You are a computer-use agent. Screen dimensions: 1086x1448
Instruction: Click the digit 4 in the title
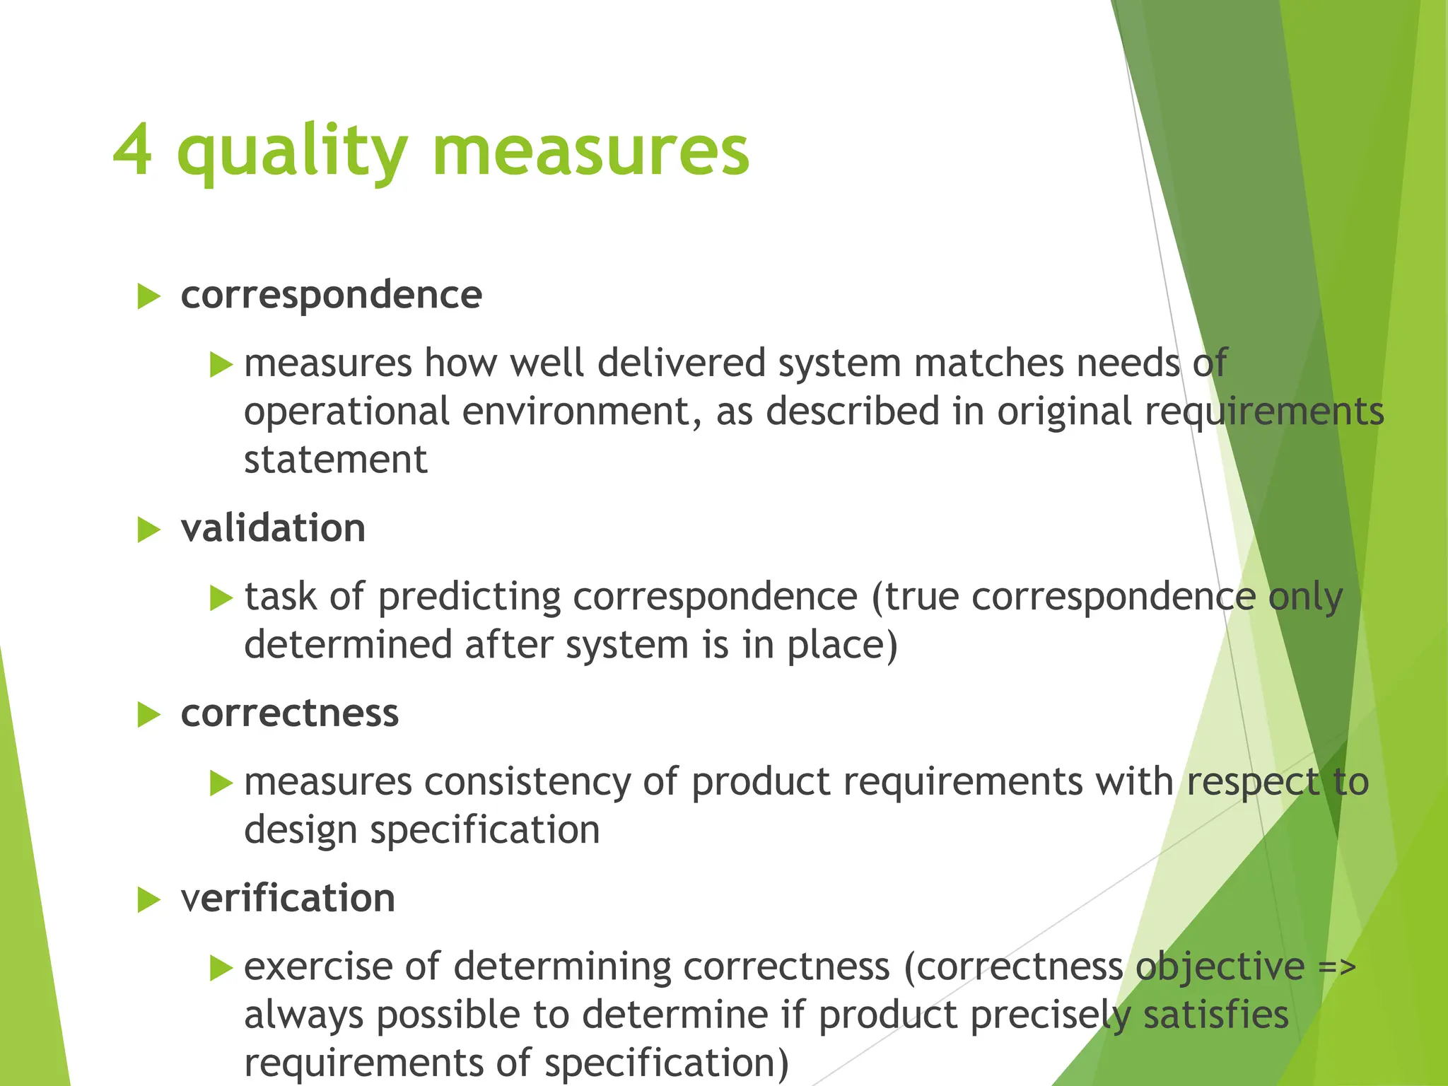tap(132, 150)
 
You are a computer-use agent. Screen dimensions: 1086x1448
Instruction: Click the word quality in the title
tap(292, 151)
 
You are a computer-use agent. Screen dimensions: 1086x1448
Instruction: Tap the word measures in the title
tap(590, 151)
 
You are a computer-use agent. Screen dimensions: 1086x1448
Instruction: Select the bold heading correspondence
tap(331, 295)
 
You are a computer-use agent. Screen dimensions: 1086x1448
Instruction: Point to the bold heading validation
tap(273, 528)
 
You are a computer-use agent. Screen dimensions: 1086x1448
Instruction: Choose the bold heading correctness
tap(289, 713)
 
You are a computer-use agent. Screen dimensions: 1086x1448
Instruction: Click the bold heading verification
tap(288, 898)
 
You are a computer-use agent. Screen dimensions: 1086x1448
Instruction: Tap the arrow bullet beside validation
tap(148, 530)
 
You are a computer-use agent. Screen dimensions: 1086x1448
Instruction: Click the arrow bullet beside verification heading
tap(148, 899)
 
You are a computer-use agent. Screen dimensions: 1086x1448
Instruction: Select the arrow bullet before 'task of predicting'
tap(221, 598)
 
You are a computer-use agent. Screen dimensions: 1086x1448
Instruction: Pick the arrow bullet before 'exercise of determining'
tap(221, 968)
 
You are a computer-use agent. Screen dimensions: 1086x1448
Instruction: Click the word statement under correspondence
tap(335, 460)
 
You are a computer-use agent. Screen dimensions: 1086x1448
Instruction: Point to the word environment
tap(581, 411)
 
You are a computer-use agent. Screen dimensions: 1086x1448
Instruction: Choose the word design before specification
tap(300, 830)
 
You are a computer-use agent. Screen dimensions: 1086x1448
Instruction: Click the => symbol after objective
tap(1337, 967)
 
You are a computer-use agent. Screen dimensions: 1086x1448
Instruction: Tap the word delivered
tap(681, 363)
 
